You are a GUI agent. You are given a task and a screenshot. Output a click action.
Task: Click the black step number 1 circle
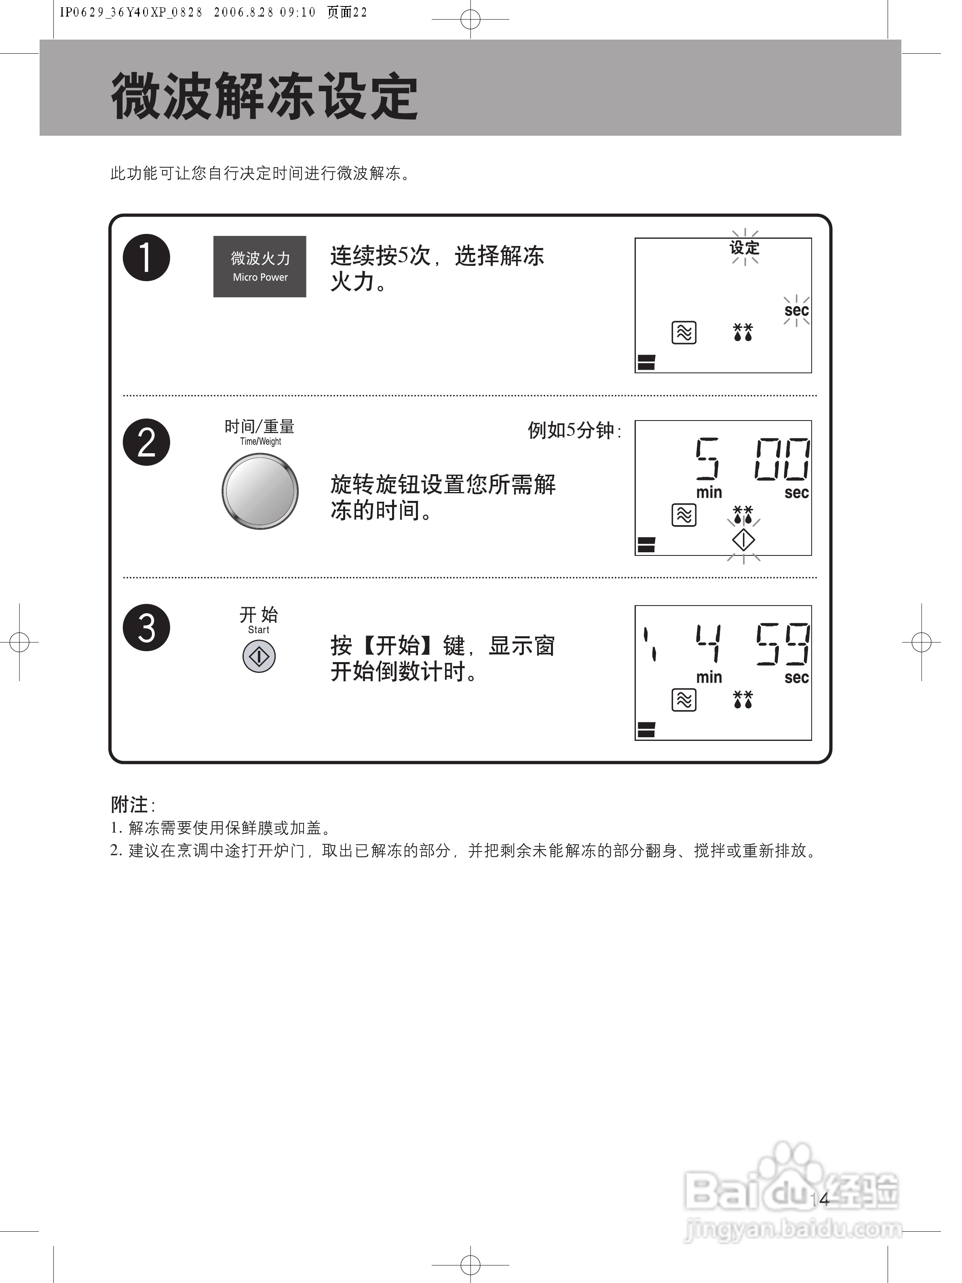coord(146,257)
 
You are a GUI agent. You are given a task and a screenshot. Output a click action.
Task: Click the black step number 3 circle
coord(146,628)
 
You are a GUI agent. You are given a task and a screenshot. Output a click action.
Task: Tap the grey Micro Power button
coord(259,267)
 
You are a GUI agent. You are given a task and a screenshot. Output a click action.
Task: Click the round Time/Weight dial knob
coord(260,491)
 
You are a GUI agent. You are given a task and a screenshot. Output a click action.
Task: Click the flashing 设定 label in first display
coord(745,248)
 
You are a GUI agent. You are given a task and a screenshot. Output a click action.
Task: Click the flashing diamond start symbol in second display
coord(743,541)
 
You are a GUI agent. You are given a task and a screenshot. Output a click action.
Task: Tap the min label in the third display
coord(709,677)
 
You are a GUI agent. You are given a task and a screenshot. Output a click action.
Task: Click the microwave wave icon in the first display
coord(684,333)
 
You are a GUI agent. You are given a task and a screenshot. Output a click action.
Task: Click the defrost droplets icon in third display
coord(743,700)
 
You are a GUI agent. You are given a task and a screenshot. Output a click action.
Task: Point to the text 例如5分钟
coord(573,430)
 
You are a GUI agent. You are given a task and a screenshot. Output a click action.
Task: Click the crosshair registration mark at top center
coord(470,19)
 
